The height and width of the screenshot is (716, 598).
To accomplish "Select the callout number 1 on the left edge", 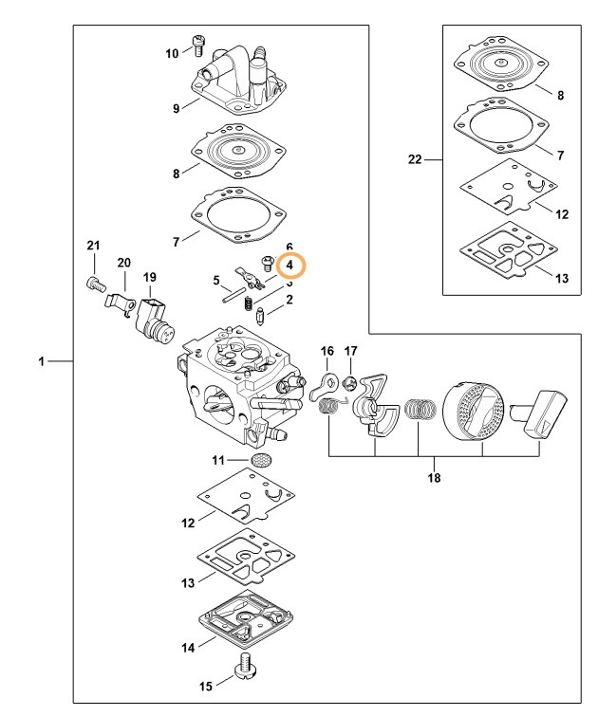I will point(40,361).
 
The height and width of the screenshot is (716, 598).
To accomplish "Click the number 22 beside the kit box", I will point(414,159).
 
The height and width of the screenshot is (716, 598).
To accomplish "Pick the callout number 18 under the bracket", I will point(435,477).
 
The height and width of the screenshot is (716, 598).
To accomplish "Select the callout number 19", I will point(149,278).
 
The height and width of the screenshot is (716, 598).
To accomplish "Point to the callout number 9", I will point(177,108).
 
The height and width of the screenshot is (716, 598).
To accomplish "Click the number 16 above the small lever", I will point(327,352).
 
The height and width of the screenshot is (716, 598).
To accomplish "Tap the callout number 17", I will point(350,352).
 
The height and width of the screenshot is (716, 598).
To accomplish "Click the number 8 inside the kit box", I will point(561,96).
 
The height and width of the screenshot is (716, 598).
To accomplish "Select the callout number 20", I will point(123,263).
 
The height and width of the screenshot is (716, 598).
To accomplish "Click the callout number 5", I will point(216,280).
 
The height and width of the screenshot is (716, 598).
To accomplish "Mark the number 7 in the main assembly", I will point(177,242).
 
